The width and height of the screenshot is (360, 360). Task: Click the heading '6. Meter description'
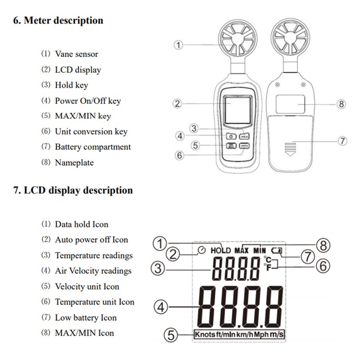[58, 20]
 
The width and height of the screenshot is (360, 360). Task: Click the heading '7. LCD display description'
[72, 190]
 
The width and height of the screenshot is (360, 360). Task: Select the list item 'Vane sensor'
[76, 54]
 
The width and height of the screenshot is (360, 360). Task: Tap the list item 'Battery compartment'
[93, 147]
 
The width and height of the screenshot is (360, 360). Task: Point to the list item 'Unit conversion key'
[91, 131]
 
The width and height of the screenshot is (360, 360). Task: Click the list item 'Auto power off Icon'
[91, 240]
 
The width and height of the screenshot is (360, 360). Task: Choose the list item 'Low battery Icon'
[85, 317]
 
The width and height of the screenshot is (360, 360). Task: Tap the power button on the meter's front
[230, 136]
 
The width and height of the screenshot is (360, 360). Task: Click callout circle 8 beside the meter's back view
[342, 104]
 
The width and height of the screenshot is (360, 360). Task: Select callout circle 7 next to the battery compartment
[342, 141]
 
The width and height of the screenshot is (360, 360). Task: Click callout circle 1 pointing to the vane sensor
[179, 45]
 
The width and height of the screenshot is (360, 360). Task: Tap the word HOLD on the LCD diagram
[220, 250]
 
